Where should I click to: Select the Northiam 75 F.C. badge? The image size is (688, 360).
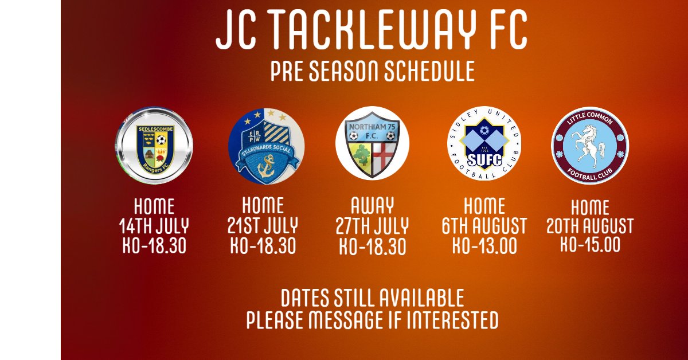(x=372, y=143)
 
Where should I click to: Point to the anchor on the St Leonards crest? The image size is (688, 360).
(x=267, y=166)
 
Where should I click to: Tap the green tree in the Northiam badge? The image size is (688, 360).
(x=361, y=155)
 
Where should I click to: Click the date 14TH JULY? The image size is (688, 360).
(x=154, y=226)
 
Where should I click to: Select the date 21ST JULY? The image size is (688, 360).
(x=263, y=225)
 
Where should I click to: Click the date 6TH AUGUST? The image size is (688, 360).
(x=485, y=225)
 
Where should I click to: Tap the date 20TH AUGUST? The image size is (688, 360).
(x=590, y=226)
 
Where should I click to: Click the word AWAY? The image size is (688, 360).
(x=372, y=206)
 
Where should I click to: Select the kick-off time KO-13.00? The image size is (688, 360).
(x=485, y=245)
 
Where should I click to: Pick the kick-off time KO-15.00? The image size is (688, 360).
(x=590, y=245)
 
